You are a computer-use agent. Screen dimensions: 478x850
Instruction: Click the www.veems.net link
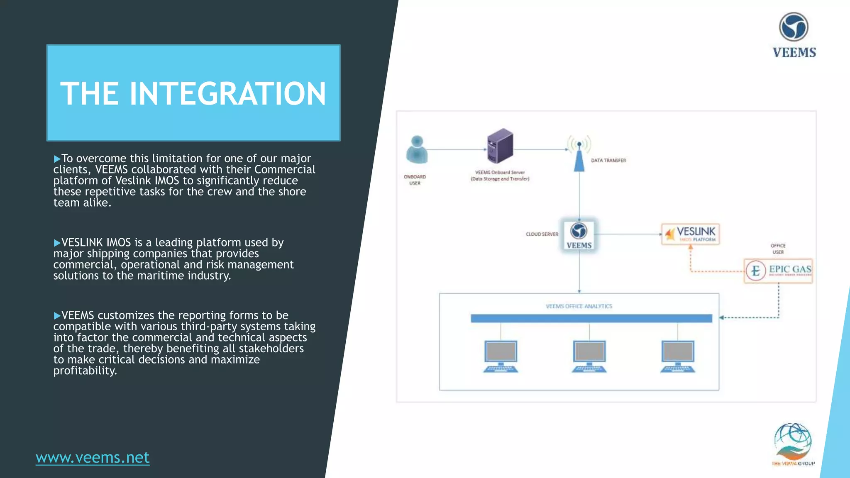point(93,457)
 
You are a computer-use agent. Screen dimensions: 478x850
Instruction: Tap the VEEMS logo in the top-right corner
point(794,35)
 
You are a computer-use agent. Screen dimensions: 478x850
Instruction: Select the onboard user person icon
point(417,149)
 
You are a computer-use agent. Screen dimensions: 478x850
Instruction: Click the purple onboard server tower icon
point(500,146)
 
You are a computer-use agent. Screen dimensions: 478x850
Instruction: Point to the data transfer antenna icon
point(579,154)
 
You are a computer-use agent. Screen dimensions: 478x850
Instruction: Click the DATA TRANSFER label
point(608,161)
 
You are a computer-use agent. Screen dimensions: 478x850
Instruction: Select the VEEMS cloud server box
point(579,235)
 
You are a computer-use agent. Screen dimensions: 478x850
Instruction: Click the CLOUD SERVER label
point(542,234)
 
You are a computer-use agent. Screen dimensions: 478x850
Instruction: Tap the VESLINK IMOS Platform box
point(690,234)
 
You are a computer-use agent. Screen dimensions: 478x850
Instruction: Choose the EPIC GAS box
point(778,271)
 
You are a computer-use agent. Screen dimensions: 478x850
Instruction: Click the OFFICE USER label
point(778,249)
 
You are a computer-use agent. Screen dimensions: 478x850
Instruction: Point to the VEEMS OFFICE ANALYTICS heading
point(579,306)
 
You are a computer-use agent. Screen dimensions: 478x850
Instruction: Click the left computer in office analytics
point(501,356)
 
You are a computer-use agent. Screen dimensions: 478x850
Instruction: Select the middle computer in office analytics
point(589,356)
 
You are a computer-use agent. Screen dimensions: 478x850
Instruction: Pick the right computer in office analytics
point(678,356)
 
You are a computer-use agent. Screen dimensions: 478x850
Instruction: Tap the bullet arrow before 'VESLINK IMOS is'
point(57,243)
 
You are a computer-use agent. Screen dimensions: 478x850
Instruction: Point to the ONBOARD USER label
point(415,180)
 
